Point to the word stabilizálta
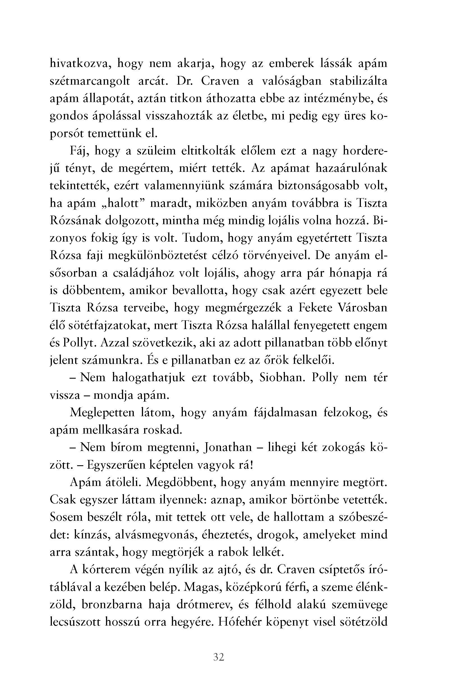(x=358, y=81)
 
